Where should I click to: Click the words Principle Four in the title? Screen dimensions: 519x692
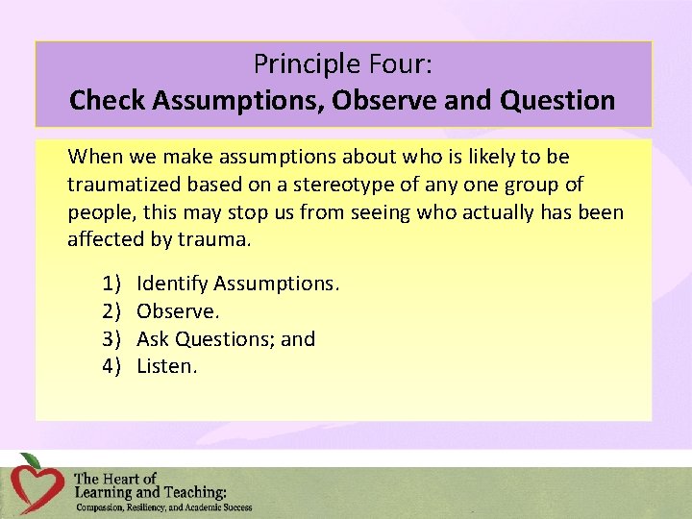(x=342, y=64)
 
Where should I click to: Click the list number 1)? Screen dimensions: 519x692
(x=111, y=284)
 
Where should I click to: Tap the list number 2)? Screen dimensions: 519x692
(x=111, y=311)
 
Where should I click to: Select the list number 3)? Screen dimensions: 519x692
(x=111, y=339)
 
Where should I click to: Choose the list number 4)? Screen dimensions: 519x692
(x=111, y=366)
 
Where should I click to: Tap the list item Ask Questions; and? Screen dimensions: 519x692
(x=226, y=339)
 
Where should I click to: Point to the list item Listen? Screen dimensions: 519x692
(x=167, y=366)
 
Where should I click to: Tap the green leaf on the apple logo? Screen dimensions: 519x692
(x=32, y=460)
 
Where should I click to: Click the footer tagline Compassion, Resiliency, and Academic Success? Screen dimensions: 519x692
(x=163, y=507)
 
